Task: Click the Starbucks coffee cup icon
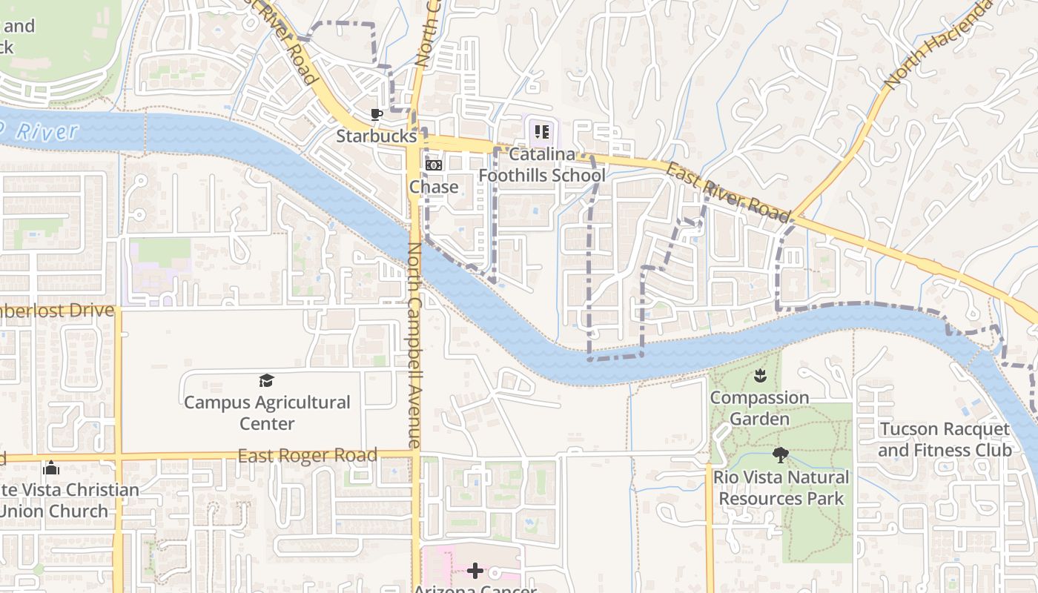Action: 377,114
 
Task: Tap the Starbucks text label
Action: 377,136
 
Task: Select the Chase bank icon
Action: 433,165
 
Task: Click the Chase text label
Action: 434,187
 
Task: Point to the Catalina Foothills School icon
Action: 542,132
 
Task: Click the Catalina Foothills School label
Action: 542,165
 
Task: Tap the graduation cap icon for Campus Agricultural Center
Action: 266,381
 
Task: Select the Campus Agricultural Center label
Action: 267,413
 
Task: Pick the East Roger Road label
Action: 307,455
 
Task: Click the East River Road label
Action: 727,192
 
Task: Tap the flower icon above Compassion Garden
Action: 759,376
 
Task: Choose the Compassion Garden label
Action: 759,408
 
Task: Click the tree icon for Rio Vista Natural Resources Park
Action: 780,455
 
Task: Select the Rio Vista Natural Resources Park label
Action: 781,488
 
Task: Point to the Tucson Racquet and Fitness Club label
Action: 945,440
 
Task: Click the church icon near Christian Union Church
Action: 51,468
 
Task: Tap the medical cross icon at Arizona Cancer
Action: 475,571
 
